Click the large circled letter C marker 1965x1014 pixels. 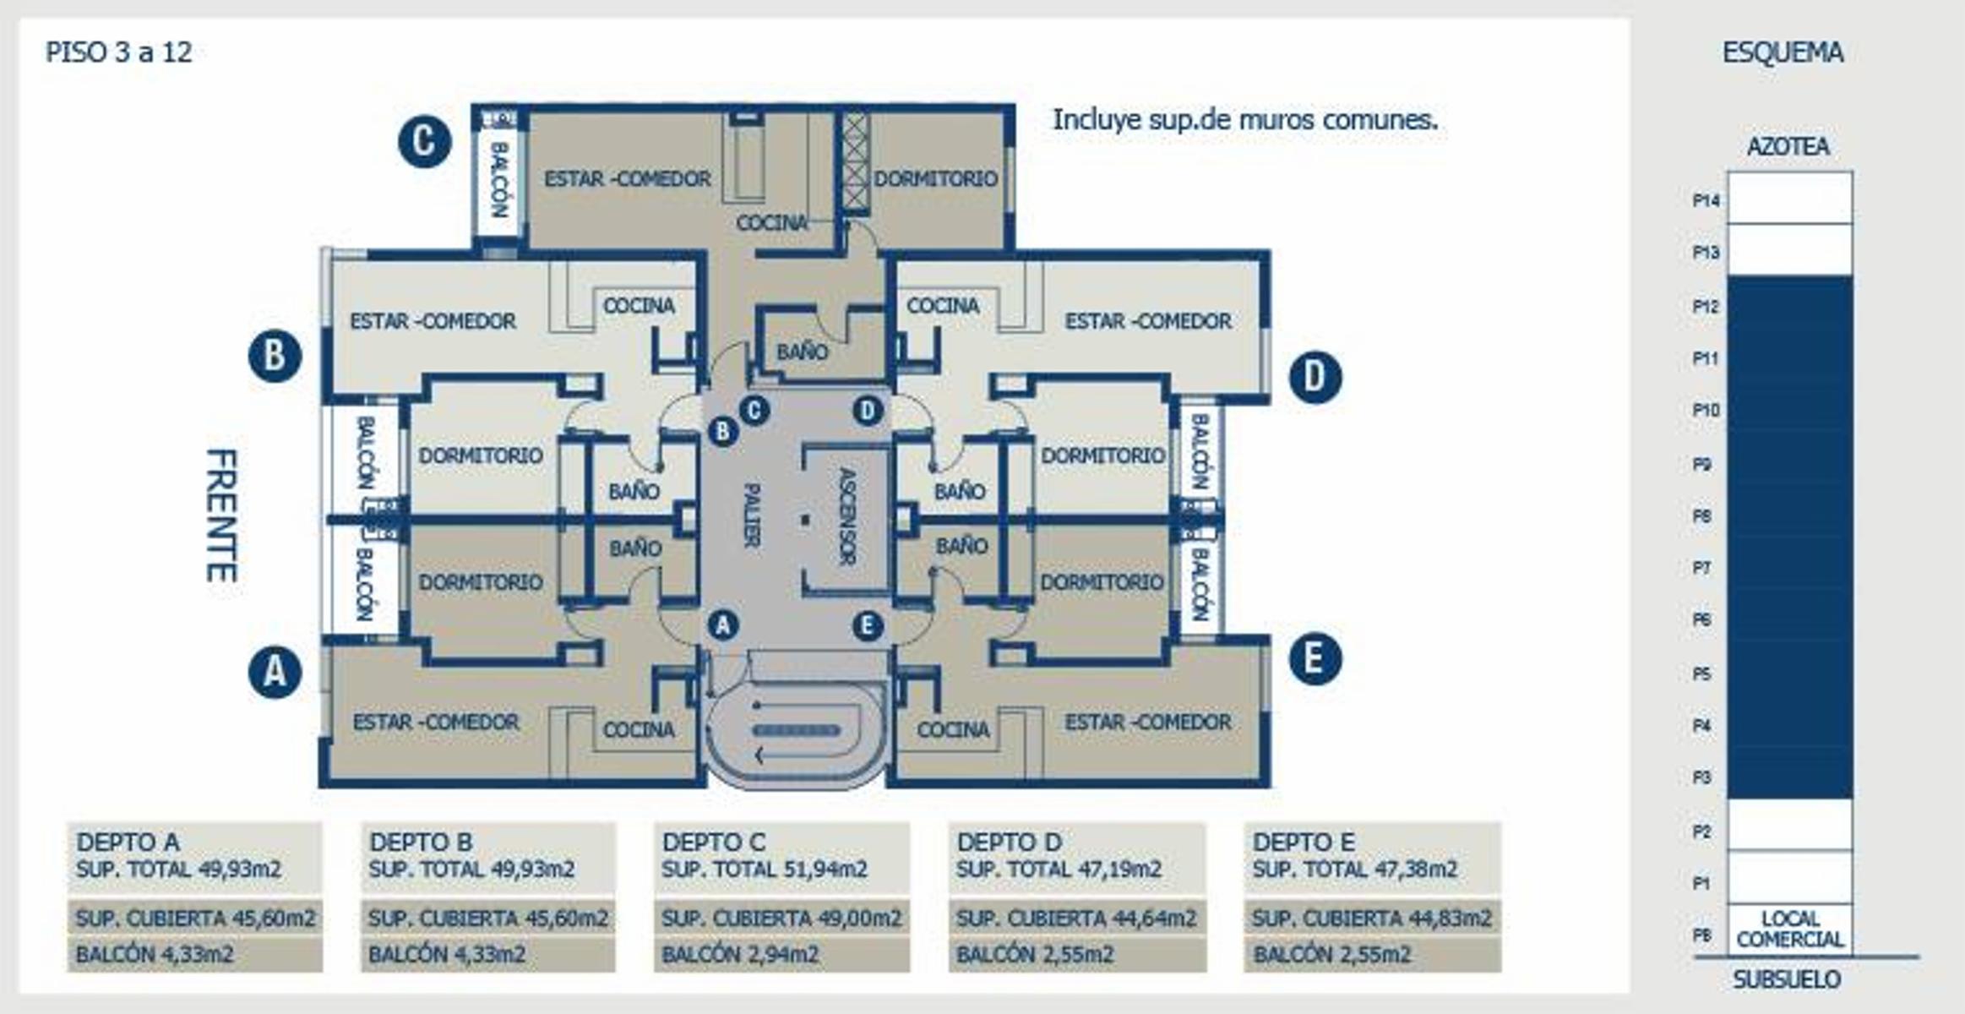click(x=425, y=141)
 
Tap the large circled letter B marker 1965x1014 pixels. click(x=275, y=356)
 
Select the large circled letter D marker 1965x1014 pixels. click(x=1315, y=377)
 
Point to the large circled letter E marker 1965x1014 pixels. click(x=1315, y=658)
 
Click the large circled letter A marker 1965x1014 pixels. click(x=275, y=672)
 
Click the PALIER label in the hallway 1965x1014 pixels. click(x=751, y=515)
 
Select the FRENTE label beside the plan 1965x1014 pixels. click(x=221, y=515)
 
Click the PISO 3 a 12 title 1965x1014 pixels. click(x=119, y=52)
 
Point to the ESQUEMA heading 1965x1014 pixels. click(x=1783, y=52)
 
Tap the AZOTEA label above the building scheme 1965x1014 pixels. click(x=1788, y=146)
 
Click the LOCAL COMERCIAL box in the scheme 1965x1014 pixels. click(x=1790, y=929)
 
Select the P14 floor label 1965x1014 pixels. click(x=1706, y=200)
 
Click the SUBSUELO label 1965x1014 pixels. click(x=1787, y=979)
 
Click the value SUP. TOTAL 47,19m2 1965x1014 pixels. click(x=1059, y=870)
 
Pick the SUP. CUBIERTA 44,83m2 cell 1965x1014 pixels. click(x=1372, y=918)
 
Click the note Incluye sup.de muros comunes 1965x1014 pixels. click(x=1245, y=120)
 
